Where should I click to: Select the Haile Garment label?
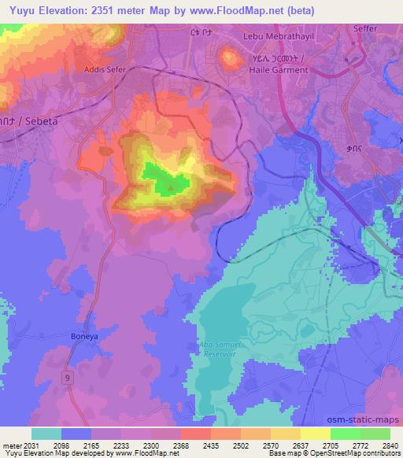point(272,69)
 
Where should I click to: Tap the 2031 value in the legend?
point(24,445)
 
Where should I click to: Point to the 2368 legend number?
point(179,445)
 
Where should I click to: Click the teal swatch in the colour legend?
point(46,434)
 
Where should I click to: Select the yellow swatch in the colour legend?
point(316,434)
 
